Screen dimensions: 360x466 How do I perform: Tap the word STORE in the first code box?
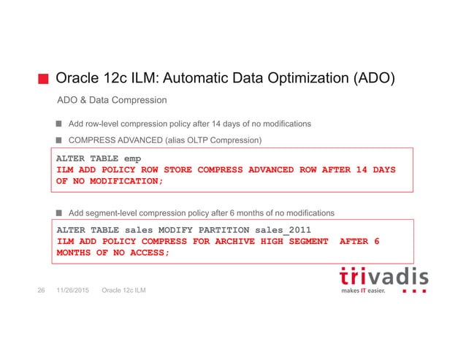click(174, 169)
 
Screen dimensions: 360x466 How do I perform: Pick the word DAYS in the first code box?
click(381, 169)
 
